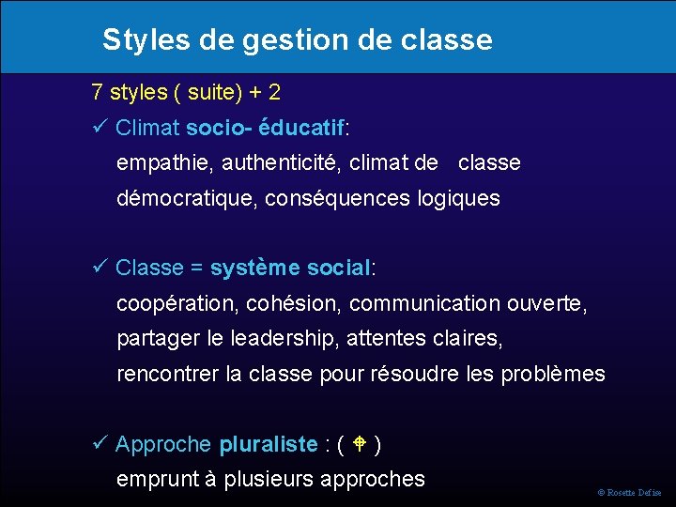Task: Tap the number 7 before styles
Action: (x=97, y=93)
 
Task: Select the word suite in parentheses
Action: (x=211, y=93)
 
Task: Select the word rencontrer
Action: (x=167, y=374)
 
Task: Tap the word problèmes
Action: (x=553, y=374)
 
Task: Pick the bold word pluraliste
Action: (x=268, y=444)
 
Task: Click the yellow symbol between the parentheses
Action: (x=359, y=443)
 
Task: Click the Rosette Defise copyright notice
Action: (x=630, y=493)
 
